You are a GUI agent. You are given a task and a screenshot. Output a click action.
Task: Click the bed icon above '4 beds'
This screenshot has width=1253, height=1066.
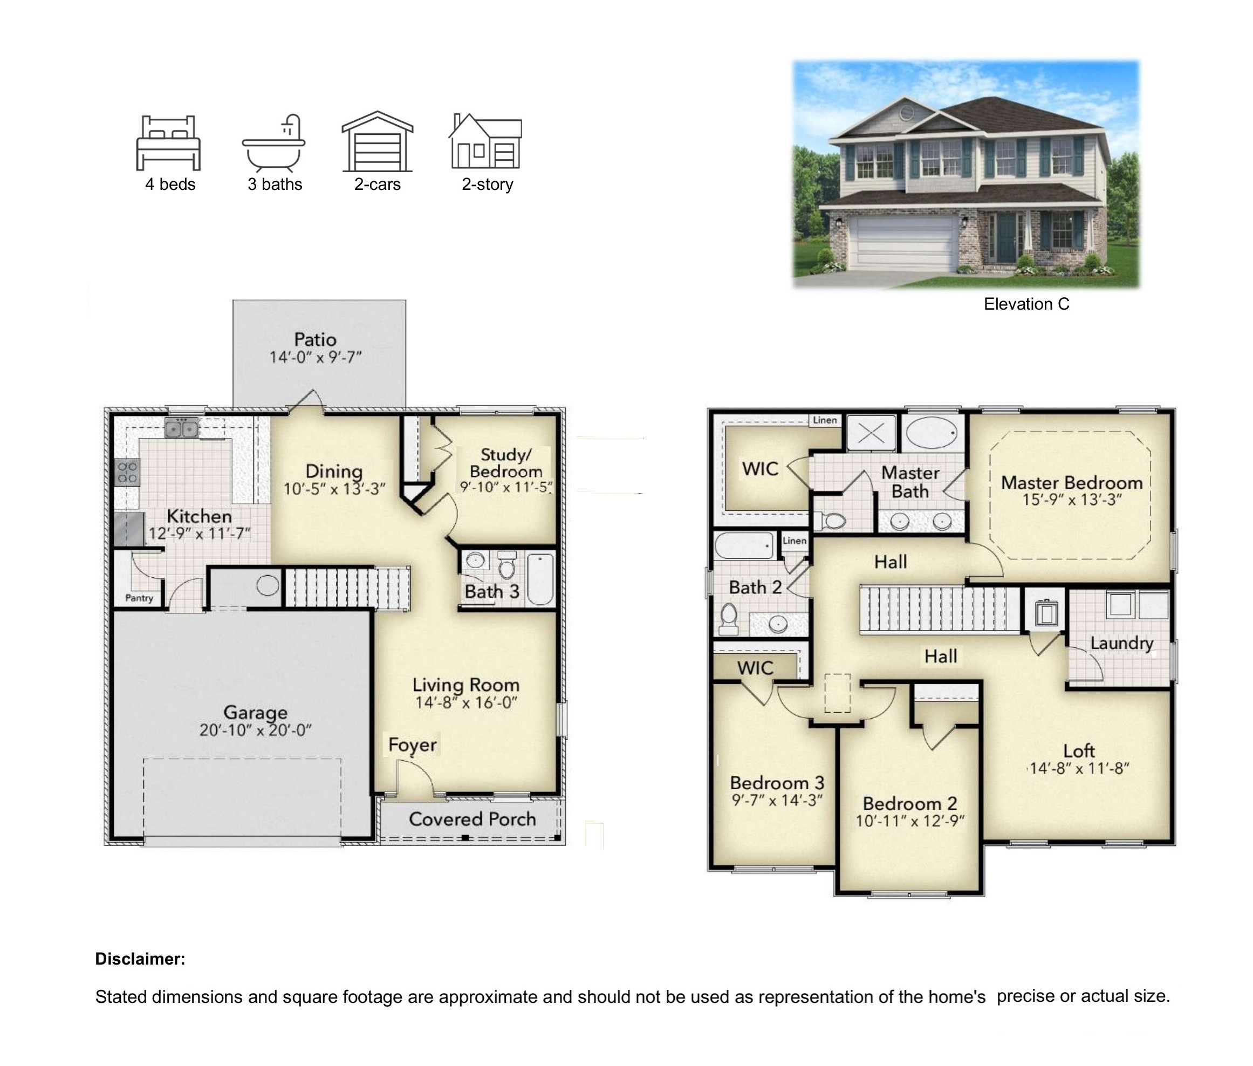tap(168, 142)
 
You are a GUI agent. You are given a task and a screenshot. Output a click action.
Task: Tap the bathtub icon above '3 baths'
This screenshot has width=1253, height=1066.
tap(273, 142)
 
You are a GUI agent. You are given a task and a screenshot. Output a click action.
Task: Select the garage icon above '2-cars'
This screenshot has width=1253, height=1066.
tap(377, 141)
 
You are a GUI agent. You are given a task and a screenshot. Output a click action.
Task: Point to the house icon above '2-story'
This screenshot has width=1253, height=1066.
tap(485, 141)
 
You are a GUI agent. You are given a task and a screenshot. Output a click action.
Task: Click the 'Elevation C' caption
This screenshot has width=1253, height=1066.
tap(1026, 304)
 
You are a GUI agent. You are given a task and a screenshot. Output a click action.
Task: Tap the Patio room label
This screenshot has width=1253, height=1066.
tap(315, 340)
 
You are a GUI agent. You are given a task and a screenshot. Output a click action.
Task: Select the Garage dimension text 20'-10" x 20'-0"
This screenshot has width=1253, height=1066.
tap(255, 730)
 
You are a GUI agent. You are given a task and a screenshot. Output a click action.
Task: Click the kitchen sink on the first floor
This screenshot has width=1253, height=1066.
tap(181, 428)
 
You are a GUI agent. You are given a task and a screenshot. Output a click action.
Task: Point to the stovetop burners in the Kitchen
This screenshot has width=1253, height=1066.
tap(127, 472)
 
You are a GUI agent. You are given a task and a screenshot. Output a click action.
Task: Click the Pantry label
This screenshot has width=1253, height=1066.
tap(139, 598)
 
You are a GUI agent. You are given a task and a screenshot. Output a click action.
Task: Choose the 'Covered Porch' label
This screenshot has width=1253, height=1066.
tap(472, 819)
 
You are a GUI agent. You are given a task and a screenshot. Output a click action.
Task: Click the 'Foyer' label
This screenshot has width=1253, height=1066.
tap(412, 744)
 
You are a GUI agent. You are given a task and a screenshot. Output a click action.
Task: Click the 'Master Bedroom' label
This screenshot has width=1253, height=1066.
tap(1071, 482)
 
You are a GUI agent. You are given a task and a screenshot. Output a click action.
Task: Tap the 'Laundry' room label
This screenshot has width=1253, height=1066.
tap(1121, 643)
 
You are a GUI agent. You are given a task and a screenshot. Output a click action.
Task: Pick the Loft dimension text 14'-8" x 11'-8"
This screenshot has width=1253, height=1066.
tap(1079, 768)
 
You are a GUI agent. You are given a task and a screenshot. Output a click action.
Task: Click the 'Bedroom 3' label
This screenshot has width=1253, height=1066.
tap(777, 783)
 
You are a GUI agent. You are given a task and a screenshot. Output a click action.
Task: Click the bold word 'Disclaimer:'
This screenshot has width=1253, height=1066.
tap(140, 959)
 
